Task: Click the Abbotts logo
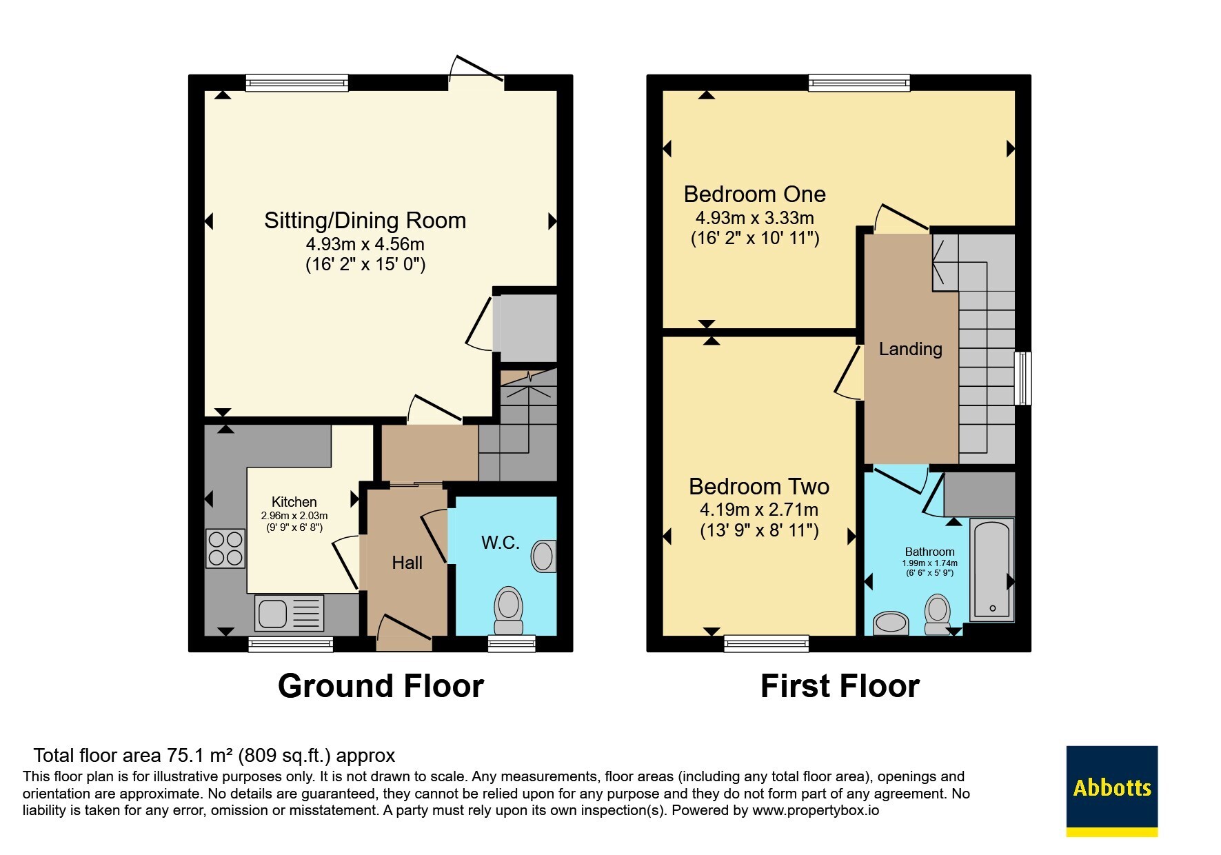coord(1111,791)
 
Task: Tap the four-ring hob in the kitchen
coord(225,548)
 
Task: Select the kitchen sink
coord(290,613)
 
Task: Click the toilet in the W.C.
coord(509,611)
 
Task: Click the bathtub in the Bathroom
coord(992,570)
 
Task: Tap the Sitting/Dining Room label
coord(365,221)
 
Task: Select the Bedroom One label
coord(755,194)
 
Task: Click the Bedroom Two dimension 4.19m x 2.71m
coord(759,510)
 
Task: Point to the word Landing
coord(910,349)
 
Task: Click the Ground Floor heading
coord(381,686)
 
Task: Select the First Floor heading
coord(840,686)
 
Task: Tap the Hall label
coord(407,563)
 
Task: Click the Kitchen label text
coord(294,502)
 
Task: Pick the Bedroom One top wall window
coord(859,83)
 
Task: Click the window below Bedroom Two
coord(766,644)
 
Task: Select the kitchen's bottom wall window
coord(290,645)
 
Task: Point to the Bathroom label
coord(929,552)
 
